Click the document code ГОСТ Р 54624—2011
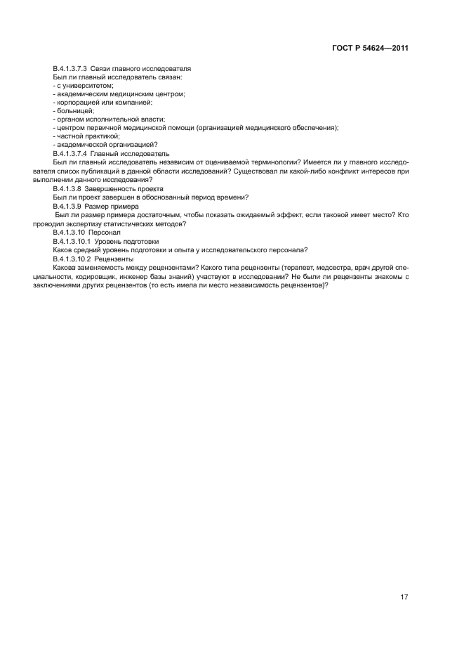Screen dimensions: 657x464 pos(370,48)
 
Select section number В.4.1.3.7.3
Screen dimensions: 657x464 pos(71,68)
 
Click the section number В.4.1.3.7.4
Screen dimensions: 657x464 pos(71,153)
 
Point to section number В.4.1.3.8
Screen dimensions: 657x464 pos(67,188)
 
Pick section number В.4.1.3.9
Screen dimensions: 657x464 pos(67,206)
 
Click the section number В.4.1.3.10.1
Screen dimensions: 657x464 pos(71,241)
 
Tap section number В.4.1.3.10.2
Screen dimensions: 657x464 pos(71,259)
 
